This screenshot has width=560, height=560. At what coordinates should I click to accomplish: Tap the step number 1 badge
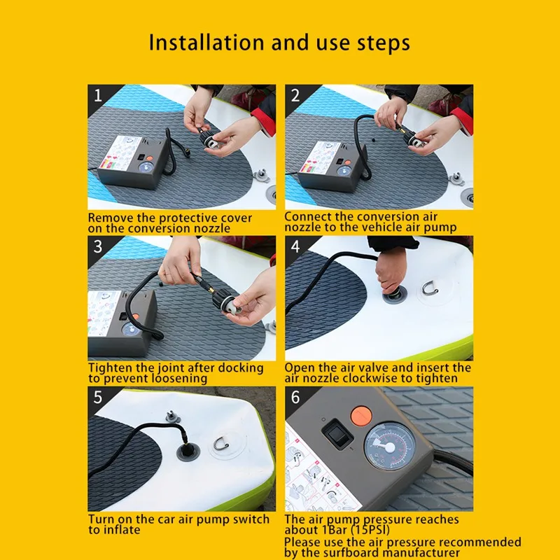coord(97,95)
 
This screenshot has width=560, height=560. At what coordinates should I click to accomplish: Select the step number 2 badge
coord(295,95)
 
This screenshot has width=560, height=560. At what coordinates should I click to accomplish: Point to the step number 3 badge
coord(97,247)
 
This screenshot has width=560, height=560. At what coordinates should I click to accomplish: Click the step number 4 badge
coord(295,247)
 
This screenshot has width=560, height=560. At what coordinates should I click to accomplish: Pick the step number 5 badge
coord(97,398)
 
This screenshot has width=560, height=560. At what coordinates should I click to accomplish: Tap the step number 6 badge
coord(295,398)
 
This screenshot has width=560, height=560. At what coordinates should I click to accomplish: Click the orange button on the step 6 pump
coord(361,416)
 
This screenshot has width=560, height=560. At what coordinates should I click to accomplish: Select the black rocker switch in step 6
coord(337,434)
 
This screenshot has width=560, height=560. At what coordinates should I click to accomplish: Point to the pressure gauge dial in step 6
coord(389,447)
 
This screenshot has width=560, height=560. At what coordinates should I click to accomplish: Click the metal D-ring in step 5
coord(221,444)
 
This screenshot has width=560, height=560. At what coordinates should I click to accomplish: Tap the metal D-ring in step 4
coord(430,288)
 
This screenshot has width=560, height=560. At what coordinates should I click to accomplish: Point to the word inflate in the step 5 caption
coord(120,530)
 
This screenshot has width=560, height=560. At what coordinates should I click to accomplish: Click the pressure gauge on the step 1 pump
coord(146,168)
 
